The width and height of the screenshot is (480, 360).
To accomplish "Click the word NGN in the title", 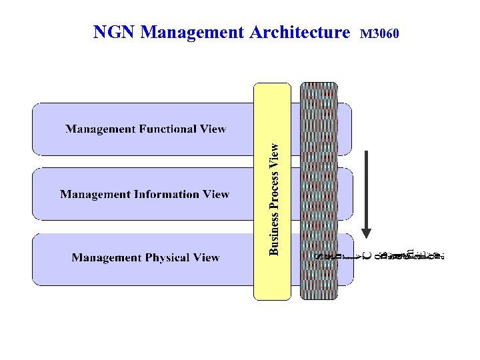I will click(x=115, y=32).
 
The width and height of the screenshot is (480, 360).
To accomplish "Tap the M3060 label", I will click(x=379, y=33).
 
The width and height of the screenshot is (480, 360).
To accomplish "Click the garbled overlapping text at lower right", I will click(x=380, y=254).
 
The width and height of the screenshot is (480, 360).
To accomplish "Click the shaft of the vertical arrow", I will click(x=366, y=187).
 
